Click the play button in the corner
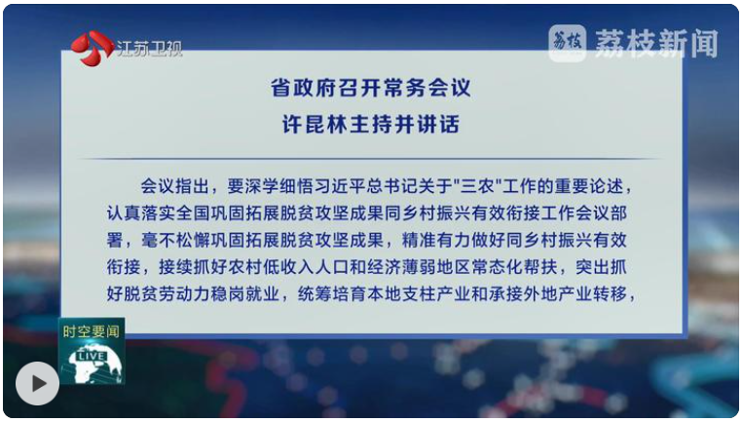(x=37, y=383)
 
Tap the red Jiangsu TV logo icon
(x=93, y=49)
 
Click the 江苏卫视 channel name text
(x=149, y=49)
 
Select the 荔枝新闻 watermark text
(x=656, y=44)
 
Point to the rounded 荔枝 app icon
(x=568, y=43)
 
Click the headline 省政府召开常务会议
(x=371, y=88)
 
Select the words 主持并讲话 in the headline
(x=405, y=125)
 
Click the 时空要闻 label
(x=92, y=331)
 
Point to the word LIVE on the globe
(x=93, y=356)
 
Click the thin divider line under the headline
(x=371, y=159)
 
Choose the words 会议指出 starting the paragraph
(x=174, y=186)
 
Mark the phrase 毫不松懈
(x=175, y=240)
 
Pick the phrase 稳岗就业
(x=244, y=294)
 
